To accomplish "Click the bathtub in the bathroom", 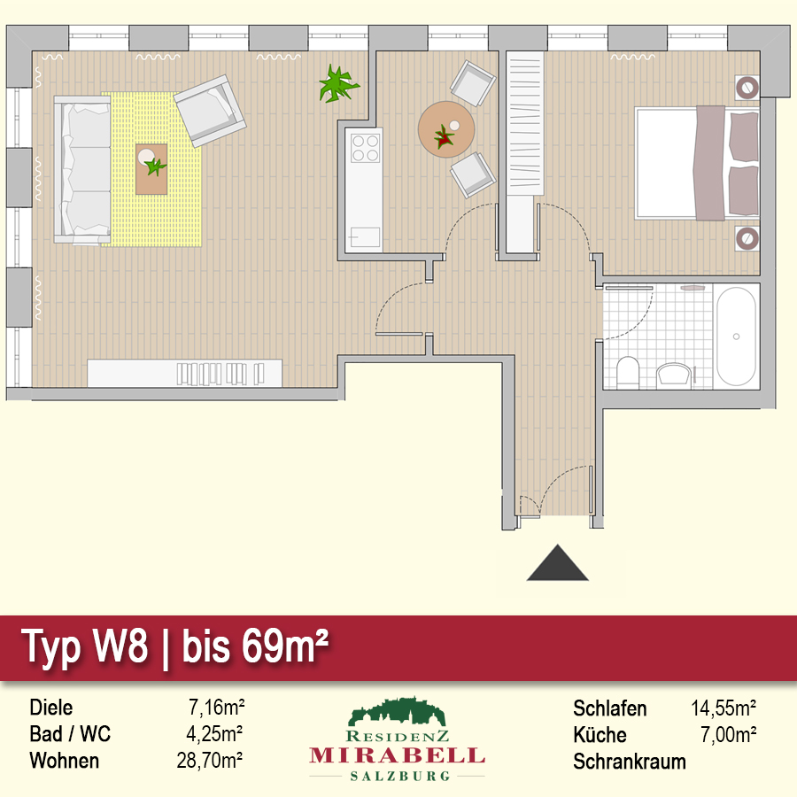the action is (x=736, y=337).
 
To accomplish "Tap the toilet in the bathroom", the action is (x=628, y=372).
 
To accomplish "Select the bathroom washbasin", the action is (x=674, y=375).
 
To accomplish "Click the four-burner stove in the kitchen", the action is (x=366, y=147).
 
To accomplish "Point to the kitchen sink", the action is (x=365, y=236).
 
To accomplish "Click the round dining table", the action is (x=446, y=129).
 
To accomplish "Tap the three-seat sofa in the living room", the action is (x=82, y=170).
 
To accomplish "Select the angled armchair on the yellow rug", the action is (x=210, y=110).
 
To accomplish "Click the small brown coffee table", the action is (x=151, y=169).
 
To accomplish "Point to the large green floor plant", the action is (x=338, y=84).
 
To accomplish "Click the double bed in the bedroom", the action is (x=697, y=163).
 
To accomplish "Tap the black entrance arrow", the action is (x=558, y=562).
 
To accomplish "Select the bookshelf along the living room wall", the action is (x=184, y=374).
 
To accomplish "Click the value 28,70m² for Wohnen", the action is (x=209, y=761).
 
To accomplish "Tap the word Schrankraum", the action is (x=630, y=762).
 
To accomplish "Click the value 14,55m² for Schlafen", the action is (x=723, y=708).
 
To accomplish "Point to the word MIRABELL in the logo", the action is (x=397, y=756).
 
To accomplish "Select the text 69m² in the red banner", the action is (x=284, y=646).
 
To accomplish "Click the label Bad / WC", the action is (x=70, y=734).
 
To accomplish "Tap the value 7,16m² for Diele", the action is (x=217, y=707).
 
